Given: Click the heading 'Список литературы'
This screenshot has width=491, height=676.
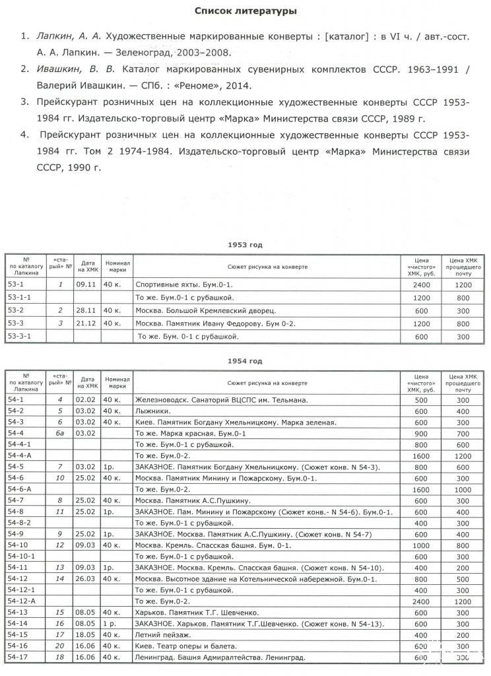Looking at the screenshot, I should coord(245,11).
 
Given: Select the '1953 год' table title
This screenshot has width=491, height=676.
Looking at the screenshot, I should coord(245,245).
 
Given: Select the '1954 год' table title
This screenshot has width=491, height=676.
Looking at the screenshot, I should coord(245,361).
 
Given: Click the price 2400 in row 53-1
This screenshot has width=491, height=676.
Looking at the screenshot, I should coord(420,285).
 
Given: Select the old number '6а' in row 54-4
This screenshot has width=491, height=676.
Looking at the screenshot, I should coord(59,433).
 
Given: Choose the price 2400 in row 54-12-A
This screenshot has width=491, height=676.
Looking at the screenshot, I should coord(420,601).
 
